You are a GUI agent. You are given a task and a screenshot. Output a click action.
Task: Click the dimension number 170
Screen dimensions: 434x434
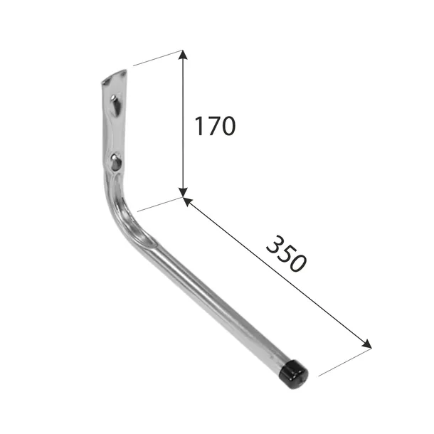[x=215, y=126]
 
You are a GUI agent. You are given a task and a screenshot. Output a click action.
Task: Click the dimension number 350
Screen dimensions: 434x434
[x=286, y=254]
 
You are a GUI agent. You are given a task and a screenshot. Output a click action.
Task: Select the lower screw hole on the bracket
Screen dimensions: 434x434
[x=115, y=162]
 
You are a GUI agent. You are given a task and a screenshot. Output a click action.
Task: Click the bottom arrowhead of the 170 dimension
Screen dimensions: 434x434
[x=182, y=193]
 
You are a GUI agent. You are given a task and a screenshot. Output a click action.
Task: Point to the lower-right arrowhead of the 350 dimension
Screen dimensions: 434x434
[x=366, y=344]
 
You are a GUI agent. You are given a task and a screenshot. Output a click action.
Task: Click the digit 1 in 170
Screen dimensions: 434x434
[x=200, y=126]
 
